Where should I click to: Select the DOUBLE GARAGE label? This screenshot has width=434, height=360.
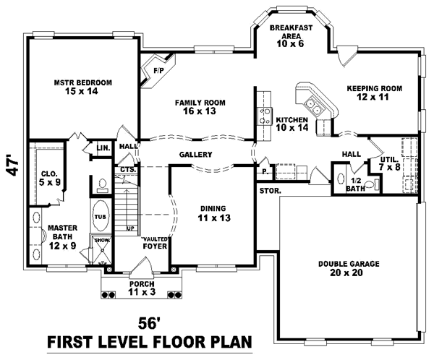pos(349,268)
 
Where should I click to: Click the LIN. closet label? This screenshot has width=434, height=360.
pos(103,148)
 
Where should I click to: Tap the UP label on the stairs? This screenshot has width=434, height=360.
pos(131,228)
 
